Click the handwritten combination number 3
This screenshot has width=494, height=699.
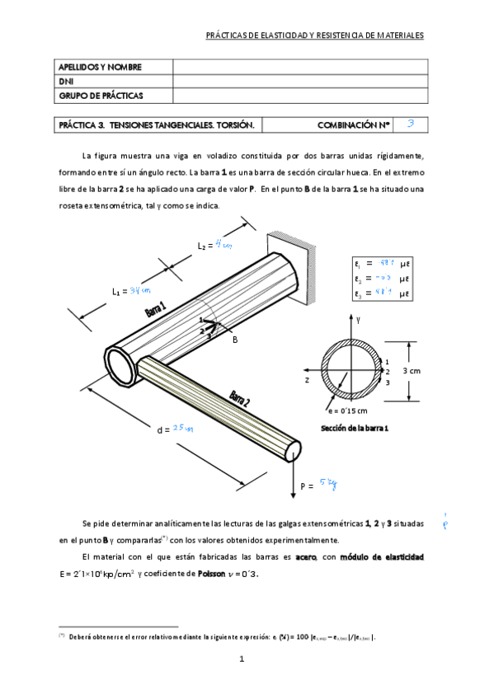click(410, 124)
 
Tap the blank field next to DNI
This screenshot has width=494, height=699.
click(299, 82)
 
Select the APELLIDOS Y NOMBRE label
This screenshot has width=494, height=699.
click(100, 67)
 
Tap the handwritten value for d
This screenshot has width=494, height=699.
click(182, 429)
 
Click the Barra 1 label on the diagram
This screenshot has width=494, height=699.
click(156, 310)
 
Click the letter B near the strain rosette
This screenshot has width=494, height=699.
click(234, 339)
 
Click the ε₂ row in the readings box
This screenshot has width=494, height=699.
click(381, 279)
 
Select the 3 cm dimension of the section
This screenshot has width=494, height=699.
click(412, 372)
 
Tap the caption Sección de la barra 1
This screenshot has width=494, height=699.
click(355, 429)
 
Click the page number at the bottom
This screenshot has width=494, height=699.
click(242, 659)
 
